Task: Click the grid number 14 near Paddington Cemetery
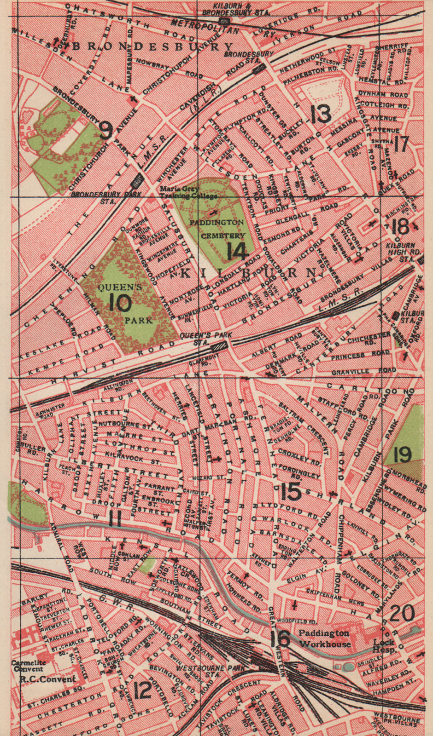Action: (x=238, y=251)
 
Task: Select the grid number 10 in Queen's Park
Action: (x=121, y=302)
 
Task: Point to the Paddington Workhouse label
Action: (x=324, y=638)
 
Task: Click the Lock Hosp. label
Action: (x=384, y=646)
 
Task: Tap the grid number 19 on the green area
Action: (x=402, y=454)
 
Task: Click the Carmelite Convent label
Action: (x=27, y=666)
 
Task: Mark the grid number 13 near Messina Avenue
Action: (x=321, y=114)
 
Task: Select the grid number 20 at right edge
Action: (x=402, y=613)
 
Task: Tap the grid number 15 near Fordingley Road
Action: (x=291, y=492)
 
